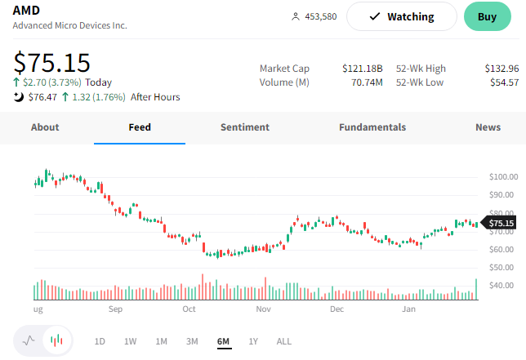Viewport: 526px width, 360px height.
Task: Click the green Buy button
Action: pyautogui.click(x=487, y=16)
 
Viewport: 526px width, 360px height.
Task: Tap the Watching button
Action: pyautogui.click(x=401, y=16)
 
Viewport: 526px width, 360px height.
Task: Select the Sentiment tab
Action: pyautogui.click(x=245, y=127)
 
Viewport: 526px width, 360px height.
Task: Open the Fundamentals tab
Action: pyautogui.click(x=372, y=127)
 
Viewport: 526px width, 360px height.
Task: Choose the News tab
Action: pyautogui.click(x=488, y=127)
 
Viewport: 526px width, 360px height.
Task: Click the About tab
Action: pyautogui.click(x=45, y=127)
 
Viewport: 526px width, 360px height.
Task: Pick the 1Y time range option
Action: pyautogui.click(x=253, y=341)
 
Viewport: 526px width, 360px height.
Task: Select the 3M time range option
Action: pyautogui.click(x=192, y=341)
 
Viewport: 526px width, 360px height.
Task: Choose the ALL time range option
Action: pyautogui.click(x=283, y=341)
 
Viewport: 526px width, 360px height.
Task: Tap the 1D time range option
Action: pyautogui.click(x=100, y=341)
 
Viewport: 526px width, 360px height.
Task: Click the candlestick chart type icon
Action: pyautogui.click(x=56, y=340)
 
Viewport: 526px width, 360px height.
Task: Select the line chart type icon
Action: pyautogui.click(x=29, y=340)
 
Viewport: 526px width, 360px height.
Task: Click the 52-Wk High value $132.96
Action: pyautogui.click(x=501, y=69)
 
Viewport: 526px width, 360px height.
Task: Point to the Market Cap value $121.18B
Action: pyautogui.click(x=363, y=69)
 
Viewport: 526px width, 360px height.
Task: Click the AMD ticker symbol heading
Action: pyautogui.click(x=27, y=10)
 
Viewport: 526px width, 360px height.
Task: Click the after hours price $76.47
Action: pyautogui.click(x=42, y=97)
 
